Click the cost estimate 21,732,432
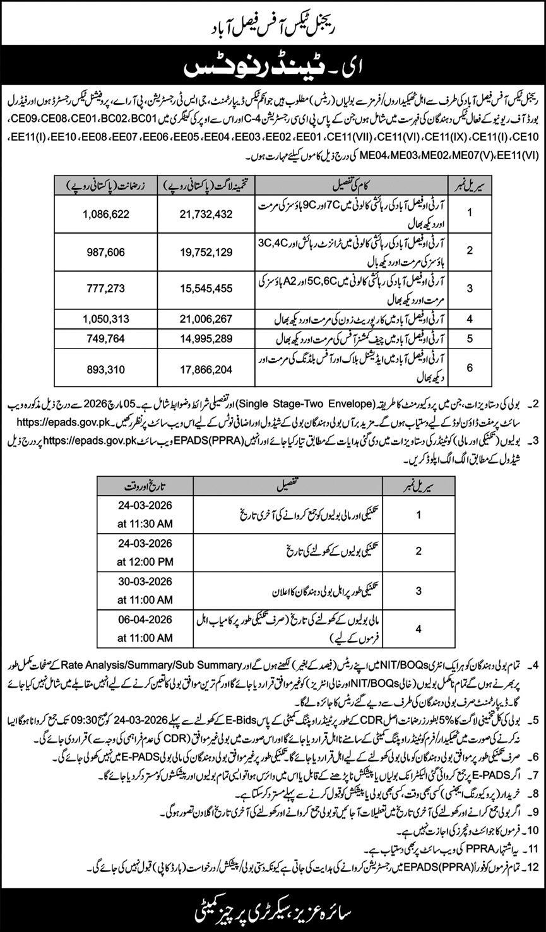198,215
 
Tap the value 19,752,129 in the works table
198,251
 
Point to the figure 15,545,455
198,289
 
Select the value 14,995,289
198,338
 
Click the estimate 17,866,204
198,367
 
